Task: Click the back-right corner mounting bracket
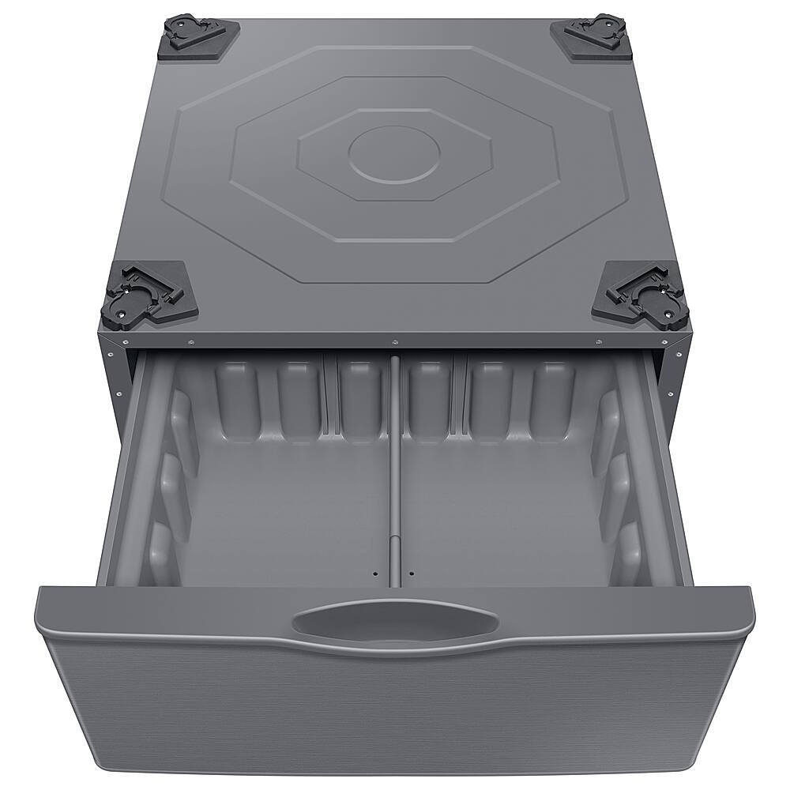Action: tap(592, 35)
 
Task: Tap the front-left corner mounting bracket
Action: tap(149, 294)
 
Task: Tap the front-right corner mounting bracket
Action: tap(641, 293)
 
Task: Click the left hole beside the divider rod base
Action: tap(376, 572)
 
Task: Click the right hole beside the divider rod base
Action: tap(412, 572)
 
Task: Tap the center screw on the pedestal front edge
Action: tap(394, 341)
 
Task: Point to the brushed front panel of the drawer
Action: tap(395, 711)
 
